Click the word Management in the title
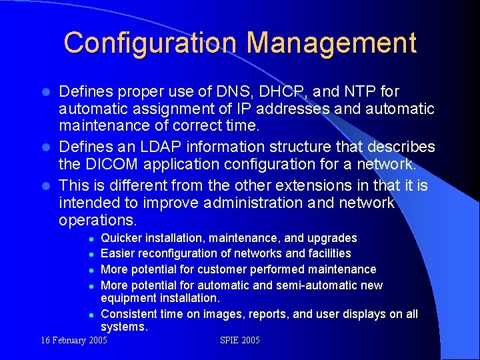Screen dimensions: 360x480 [332, 43]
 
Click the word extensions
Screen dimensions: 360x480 [299, 184]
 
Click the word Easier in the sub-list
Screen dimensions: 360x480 [118, 253]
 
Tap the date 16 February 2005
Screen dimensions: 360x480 [73, 341]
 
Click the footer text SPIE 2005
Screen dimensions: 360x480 [240, 341]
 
